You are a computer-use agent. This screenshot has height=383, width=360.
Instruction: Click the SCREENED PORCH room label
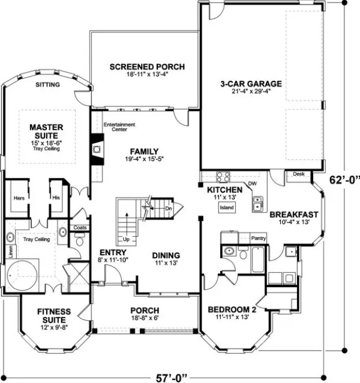(147, 67)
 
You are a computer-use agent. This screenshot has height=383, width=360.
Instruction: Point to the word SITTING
(46, 84)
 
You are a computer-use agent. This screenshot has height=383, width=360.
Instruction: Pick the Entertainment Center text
(119, 127)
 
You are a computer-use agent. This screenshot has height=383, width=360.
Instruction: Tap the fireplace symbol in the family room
(97, 148)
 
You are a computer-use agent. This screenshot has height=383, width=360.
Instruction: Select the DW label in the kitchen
(252, 184)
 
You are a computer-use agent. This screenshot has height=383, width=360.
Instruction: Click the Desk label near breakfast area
(298, 173)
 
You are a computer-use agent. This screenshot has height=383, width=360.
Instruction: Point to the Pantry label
(258, 238)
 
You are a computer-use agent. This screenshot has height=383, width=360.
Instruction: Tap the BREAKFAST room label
(294, 214)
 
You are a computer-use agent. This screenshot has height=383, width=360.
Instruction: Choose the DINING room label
(166, 255)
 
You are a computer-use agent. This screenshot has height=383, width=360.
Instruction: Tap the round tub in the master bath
(23, 272)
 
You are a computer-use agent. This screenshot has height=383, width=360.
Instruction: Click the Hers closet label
(18, 198)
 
